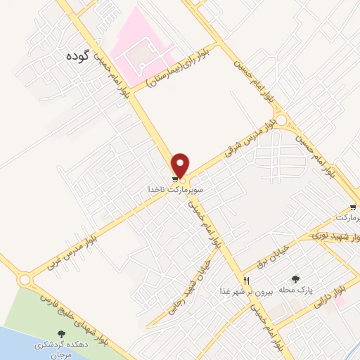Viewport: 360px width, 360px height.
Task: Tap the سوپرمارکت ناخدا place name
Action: point(176,190)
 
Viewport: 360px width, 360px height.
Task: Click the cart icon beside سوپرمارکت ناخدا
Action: point(174,179)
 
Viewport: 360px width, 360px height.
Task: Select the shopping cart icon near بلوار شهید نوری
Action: point(353,208)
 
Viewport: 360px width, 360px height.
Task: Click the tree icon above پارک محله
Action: point(295,279)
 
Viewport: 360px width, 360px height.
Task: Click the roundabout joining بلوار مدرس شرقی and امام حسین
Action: point(282,121)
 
